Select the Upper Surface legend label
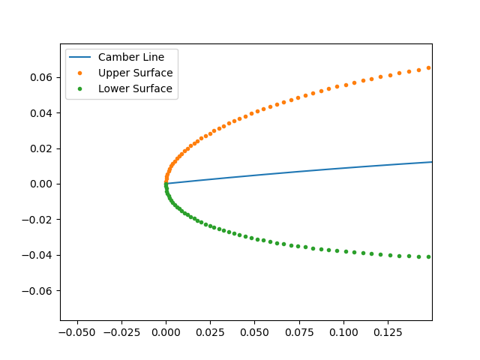pyautogui.click(x=135, y=73)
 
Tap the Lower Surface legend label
pyautogui.click(x=135, y=88)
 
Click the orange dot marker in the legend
pyautogui.click(x=81, y=73)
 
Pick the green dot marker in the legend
pyautogui.click(x=81, y=88)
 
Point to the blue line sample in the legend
pyautogui.click(x=81, y=57)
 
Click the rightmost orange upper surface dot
pyautogui.click(x=429, y=67)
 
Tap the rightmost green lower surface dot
pyautogui.click(x=429, y=256)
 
